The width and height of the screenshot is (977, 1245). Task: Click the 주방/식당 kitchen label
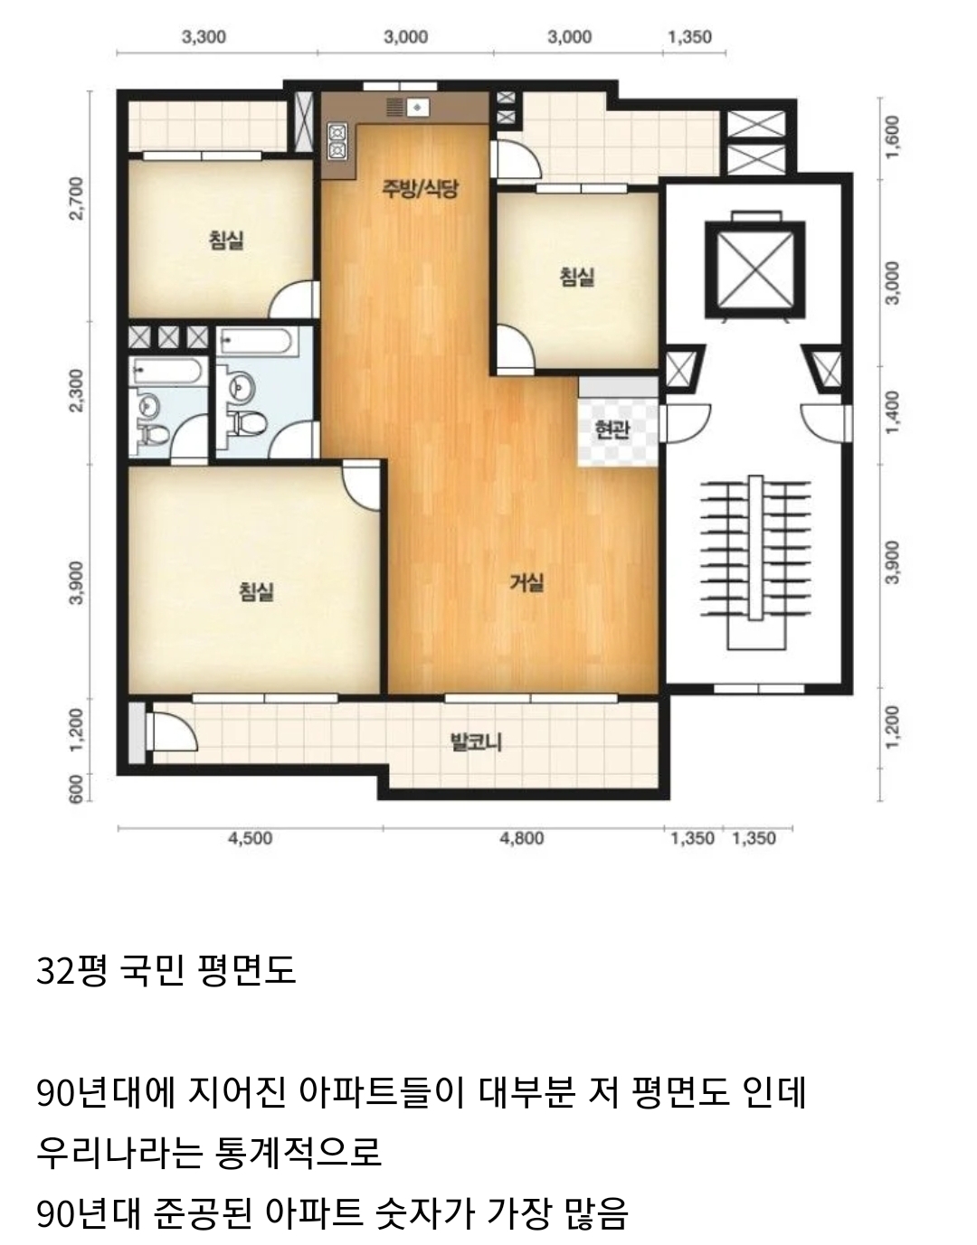point(420,188)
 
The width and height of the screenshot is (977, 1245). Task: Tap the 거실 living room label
point(526,583)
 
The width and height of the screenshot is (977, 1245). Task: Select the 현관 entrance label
point(612,429)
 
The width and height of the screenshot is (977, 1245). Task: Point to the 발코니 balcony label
point(476,743)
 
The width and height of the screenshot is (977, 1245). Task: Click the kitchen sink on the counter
point(418,108)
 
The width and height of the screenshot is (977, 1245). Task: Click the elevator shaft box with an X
point(755,270)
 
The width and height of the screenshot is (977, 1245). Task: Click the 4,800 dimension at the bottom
point(521,838)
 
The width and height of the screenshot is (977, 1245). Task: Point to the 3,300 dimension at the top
point(204,37)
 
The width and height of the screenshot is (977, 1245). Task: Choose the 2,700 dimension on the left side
point(76,198)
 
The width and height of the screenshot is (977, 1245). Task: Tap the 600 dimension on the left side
point(76,788)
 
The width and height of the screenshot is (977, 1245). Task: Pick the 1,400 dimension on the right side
point(892,412)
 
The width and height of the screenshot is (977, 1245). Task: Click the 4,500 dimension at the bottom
point(250,838)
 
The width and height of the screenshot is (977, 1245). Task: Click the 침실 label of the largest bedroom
point(256,591)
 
